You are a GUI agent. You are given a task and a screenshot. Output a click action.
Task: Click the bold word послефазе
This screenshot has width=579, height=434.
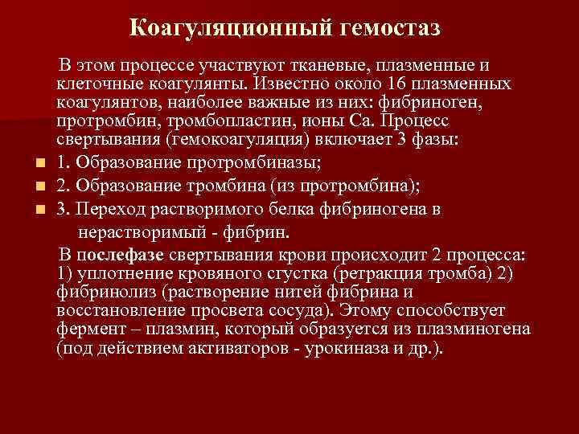click(x=122, y=255)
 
